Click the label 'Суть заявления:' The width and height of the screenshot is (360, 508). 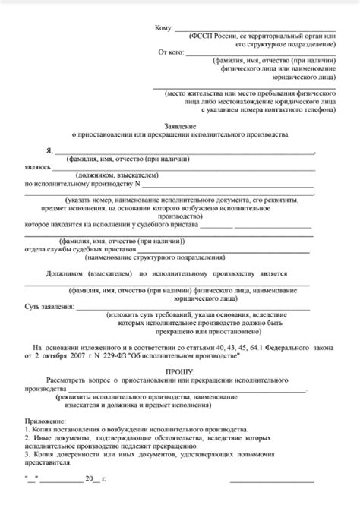pyautogui.click(x=49, y=307)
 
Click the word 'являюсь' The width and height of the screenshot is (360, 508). pyautogui.click(x=37, y=167)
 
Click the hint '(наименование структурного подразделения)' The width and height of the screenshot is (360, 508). pyautogui.click(x=186, y=257)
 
